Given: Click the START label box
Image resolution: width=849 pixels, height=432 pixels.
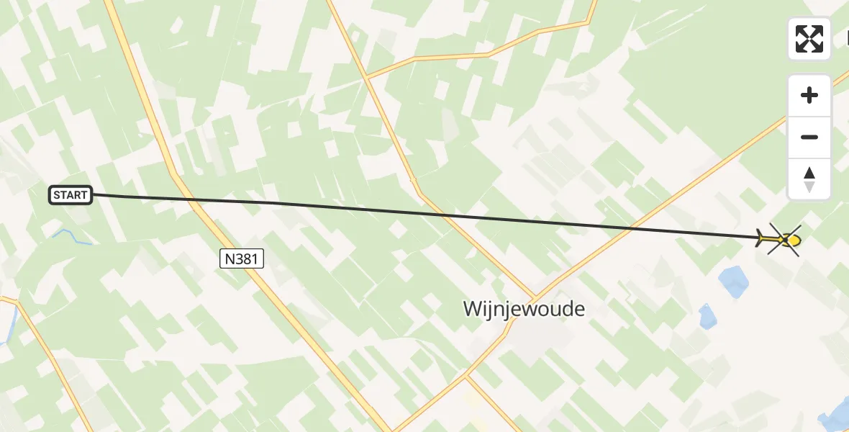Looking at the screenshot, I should [x=71, y=194].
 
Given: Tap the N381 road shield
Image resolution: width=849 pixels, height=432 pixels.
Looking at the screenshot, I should [x=242, y=258].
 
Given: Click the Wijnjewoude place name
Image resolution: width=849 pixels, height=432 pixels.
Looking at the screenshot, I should [x=524, y=309].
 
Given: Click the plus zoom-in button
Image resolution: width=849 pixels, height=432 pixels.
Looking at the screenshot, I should [x=809, y=95].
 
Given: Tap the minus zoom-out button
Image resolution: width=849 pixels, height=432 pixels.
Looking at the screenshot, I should [x=809, y=137].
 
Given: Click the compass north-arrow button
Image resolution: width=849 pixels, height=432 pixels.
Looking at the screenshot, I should [x=809, y=179].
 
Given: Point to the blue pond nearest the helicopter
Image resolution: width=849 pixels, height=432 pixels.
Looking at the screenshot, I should [x=734, y=281].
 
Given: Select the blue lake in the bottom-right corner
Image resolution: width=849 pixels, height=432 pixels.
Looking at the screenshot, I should [x=837, y=414].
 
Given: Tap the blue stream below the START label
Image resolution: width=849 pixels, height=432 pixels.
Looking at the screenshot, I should [x=72, y=238].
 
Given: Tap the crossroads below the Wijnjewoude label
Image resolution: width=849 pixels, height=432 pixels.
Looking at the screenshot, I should [x=466, y=375].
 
